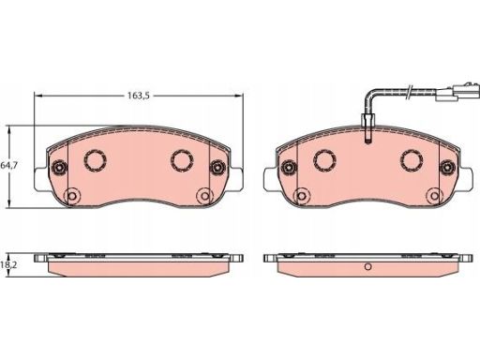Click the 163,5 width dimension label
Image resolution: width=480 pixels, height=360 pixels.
[x=139, y=96]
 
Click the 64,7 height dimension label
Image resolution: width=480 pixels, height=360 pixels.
[x=9, y=165]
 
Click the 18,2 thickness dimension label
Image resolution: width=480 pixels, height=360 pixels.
[x=8, y=264]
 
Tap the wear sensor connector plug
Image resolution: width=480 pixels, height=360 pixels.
[x=458, y=92]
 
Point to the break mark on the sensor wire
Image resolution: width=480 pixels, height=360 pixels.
[x=409, y=92]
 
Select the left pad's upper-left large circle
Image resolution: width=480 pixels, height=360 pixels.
[x=96, y=160]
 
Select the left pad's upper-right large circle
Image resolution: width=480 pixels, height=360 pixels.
[x=182, y=160]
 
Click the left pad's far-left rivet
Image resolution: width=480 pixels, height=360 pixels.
[x=59, y=167]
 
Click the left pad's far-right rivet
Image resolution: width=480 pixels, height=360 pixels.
[x=217, y=167]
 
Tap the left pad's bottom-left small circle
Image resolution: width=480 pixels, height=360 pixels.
[x=72, y=196]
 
